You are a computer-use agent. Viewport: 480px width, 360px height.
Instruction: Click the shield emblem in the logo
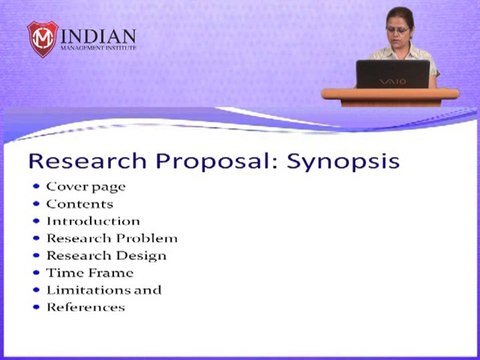tap(44, 39)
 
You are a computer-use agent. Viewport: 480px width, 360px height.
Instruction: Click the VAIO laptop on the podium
tap(392, 74)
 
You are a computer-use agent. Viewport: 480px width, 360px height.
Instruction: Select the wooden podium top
tap(390, 93)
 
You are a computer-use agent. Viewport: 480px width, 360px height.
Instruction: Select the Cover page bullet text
tap(86, 187)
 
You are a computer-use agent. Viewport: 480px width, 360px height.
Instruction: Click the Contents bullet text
tap(80, 204)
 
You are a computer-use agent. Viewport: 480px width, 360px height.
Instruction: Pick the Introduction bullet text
tap(93, 221)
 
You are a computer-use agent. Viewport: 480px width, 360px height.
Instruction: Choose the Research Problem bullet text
tap(112, 238)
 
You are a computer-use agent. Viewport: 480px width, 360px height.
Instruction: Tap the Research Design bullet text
tap(106, 255)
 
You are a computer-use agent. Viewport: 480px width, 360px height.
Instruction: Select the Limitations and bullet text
tap(104, 289)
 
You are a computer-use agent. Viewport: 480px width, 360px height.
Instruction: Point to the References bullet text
tap(86, 307)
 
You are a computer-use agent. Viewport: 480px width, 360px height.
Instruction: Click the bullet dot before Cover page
tap(35, 187)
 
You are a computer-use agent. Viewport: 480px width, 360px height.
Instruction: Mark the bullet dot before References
tap(35, 307)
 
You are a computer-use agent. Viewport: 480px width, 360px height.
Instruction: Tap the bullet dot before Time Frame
tap(35, 272)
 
